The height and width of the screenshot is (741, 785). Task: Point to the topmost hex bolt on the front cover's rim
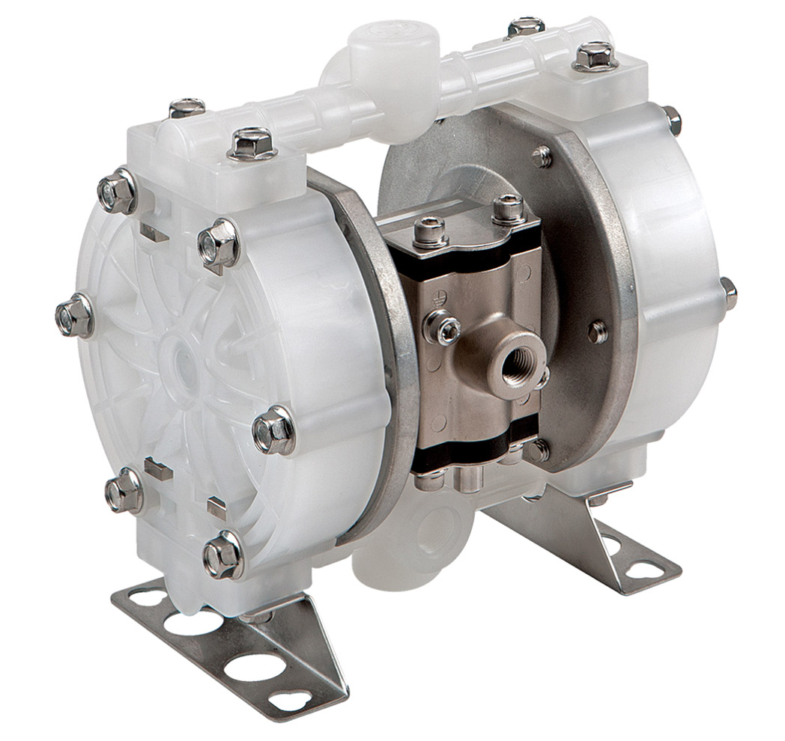118,189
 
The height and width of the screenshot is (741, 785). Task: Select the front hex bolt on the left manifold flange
252,142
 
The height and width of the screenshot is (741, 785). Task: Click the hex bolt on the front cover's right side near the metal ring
273,430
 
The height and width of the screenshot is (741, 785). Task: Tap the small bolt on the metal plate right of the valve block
597,332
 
